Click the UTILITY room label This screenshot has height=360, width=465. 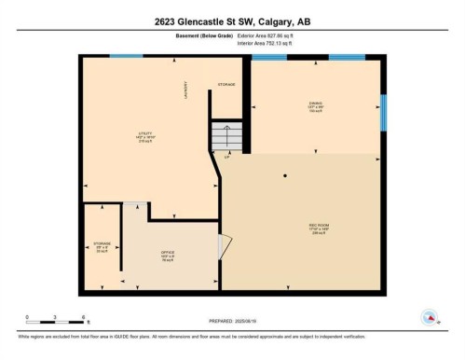click(144, 133)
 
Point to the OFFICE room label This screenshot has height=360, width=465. click(168, 252)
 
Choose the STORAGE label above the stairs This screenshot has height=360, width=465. click(226, 85)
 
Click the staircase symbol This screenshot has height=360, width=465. click(228, 137)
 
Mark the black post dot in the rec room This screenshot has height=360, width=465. click(286, 174)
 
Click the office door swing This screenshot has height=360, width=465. click(222, 246)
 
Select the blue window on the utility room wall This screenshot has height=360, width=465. click(120, 57)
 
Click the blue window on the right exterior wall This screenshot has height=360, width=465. click(382, 112)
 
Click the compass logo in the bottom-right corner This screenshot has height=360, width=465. click(431, 317)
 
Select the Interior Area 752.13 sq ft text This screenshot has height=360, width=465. click(265, 44)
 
